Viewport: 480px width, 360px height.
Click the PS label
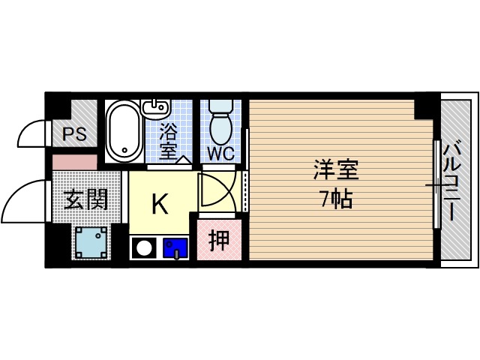74,136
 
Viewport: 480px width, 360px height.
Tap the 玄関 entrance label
85,199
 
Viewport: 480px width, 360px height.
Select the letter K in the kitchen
159,203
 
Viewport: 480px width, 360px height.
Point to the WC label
221,153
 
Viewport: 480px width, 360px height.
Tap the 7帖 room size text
335,199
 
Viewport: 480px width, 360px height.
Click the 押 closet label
219,240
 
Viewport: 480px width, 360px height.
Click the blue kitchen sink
175,247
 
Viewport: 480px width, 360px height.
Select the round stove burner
142,247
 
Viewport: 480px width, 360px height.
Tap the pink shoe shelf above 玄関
75,161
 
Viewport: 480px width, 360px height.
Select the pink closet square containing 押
219,240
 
